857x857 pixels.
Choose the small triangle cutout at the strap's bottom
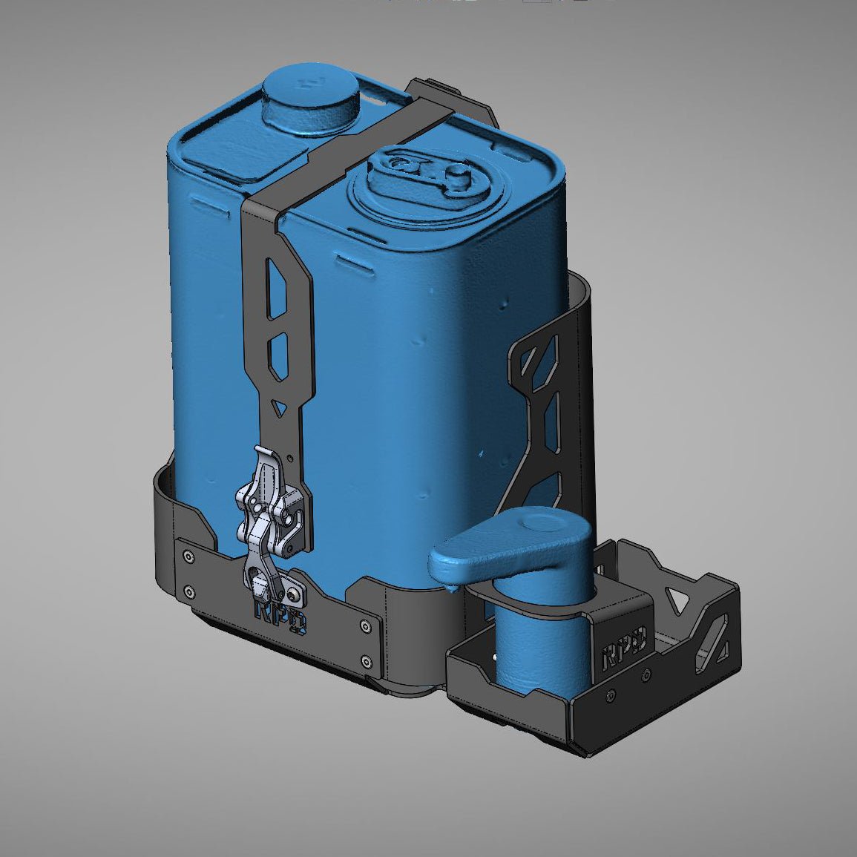(x=278, y=407)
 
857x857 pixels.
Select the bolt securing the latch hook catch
(x=298, y=594)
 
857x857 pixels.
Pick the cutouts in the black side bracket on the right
(x=545, y=416)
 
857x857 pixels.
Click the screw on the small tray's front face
(x=611, y=696)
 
